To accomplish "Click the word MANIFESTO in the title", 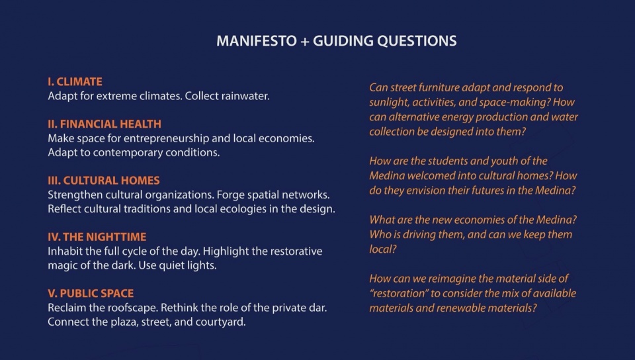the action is pos(257,41).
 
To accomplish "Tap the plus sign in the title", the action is pos(304,41).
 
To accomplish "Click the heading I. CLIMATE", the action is pos(75,82).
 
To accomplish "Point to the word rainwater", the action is pos(245,96).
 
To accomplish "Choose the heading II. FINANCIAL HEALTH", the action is pos(105,124).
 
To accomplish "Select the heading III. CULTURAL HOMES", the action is pos(104,181).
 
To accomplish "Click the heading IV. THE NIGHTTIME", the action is pos(97,237).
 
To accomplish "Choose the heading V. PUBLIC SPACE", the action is pos(91,293).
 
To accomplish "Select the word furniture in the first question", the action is pos(439,87).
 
